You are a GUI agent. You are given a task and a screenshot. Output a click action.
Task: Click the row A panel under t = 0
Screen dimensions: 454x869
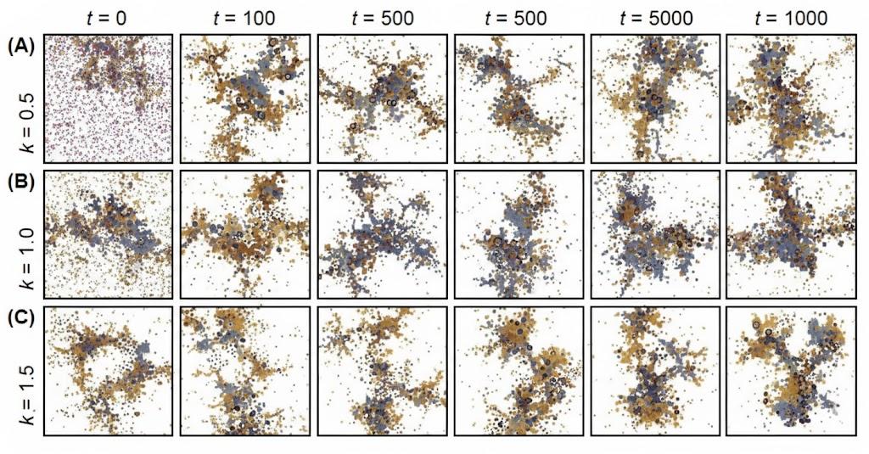(x=108, y=98)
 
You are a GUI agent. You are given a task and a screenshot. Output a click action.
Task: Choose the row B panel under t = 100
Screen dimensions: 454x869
(x=244, y=235)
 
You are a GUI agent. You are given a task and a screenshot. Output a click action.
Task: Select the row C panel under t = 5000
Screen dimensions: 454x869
(x=655, y=372)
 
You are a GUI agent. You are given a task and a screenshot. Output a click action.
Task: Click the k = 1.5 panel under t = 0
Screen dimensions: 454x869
(x=108, y=372)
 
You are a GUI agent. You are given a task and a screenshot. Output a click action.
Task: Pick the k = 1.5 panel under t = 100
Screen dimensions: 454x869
(x=244, y=372)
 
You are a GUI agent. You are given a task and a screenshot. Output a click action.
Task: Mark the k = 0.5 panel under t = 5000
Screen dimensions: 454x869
(x=655, y=98)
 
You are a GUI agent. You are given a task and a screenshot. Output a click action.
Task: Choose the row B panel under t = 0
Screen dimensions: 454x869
(x=108, y=235)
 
